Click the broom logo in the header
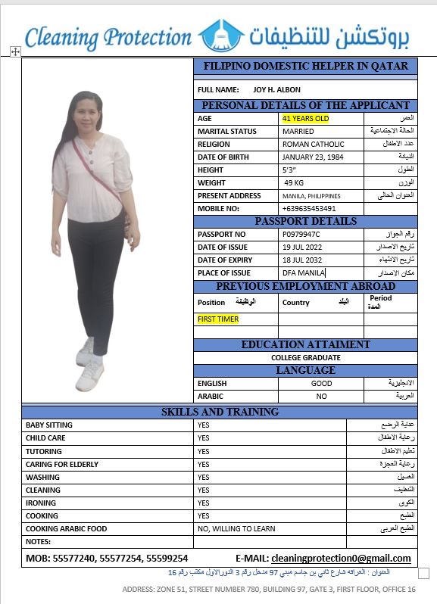pos(222,36)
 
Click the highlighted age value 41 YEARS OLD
pos(305,119)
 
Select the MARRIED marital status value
pos(298,132)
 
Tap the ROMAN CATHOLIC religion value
pos(313,145)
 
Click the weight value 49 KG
pos(294,183)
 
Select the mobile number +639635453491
pos(308,209)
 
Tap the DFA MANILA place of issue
pos(303,273)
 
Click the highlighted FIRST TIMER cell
pos(218,319)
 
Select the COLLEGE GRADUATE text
pos(305,357)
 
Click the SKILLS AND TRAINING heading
pos(220,412)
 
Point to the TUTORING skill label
pos(44,451)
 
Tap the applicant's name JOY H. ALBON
pos(276,90)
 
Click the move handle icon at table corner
pos(14,51)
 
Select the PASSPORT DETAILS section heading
pos(305,221)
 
